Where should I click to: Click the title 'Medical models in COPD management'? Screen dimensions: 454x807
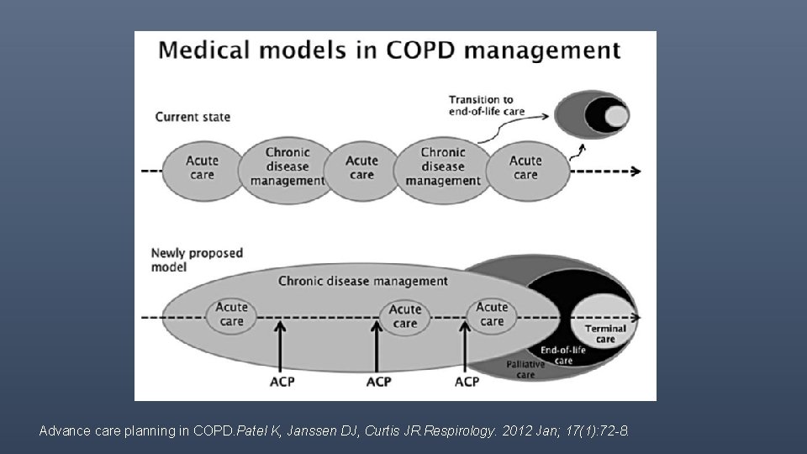(x=388, y=50)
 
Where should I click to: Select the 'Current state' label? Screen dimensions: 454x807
(x=193, y=117)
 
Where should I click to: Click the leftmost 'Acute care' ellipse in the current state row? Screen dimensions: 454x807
(x=202, y=168)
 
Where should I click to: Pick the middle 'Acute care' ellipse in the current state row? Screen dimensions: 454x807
(x=361, y=168)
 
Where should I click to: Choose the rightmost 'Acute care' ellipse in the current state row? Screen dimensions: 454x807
(x=525, y=168)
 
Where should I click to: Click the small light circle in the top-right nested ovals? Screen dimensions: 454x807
(x=617, y=115)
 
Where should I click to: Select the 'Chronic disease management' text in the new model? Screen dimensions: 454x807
(x=362, y=282)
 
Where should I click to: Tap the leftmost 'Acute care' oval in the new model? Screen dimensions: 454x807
(x=231, y=314)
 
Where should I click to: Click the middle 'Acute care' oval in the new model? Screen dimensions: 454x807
(x=405, y=316)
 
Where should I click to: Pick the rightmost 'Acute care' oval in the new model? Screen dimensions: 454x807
(x=492, y=314)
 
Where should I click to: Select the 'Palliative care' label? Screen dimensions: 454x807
(x=525, y=370)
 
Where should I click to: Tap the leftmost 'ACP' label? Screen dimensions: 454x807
(x=282, y=383)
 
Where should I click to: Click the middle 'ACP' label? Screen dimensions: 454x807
(x=378, y=383)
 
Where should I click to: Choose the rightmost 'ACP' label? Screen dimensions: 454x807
(x=467, y=383)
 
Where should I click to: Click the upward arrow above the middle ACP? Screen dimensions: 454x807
(x=378, y=349)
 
